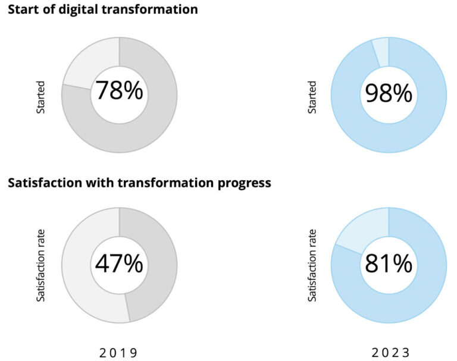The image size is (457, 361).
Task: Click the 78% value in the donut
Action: (119, 92)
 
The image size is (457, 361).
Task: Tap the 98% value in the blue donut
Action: (389, 93)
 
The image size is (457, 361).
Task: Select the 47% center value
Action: (119, 263)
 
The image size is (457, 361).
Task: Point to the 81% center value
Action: (389, 263)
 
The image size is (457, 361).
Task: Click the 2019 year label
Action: (118, 352)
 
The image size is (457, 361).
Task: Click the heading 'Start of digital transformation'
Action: (102, 10)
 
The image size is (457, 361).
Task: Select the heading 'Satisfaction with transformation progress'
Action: (139, 183)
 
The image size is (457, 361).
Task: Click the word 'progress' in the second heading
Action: (244, 183)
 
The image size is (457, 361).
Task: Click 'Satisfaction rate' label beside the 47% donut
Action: (40, 265)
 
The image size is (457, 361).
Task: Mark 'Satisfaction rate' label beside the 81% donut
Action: (312, 265)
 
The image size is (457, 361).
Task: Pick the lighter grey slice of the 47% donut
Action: (80, 268)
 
